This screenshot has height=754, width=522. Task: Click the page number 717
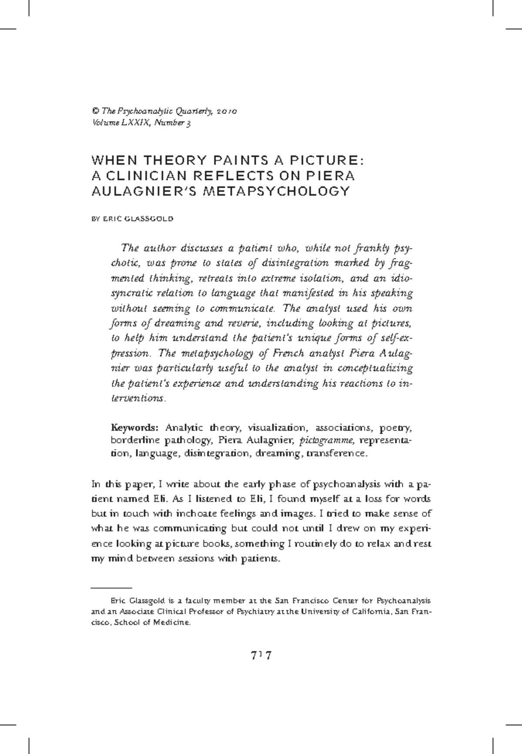[x=261, y=656]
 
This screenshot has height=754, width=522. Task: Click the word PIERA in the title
[x=334, y=176]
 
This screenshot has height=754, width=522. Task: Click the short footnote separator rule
[x=111, y=587]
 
